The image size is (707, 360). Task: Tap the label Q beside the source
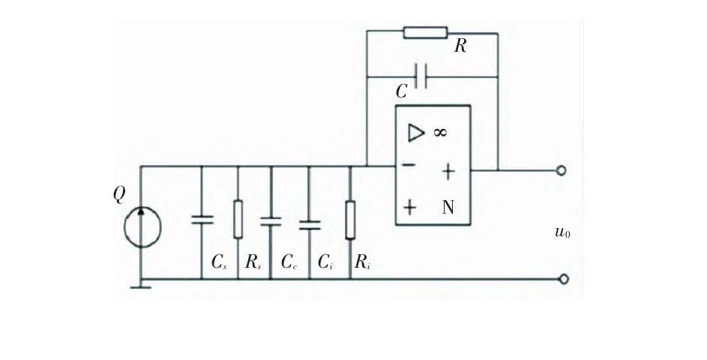coord(119,195)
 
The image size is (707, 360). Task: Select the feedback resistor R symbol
coord(425,32)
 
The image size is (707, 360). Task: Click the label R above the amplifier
coord(460,46)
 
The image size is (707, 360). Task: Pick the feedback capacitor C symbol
coord(421,76)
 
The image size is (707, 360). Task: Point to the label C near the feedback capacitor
coord(402,91)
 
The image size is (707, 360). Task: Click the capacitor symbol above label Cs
coord(202,219)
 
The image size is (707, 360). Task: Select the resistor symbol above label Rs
coord(238,219)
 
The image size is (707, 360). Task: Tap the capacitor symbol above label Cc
coord(271,220)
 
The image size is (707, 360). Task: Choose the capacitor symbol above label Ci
coord(309,223)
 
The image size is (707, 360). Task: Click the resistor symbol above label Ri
coord(350,220)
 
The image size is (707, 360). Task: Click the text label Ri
coord(361,262)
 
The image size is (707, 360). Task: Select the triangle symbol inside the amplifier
coord(415,133)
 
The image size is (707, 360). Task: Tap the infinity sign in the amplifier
coord(440,133)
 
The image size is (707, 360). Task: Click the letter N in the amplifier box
coord(448,208)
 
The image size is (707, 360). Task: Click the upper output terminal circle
coord(562,170)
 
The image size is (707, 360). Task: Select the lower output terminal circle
coord(564,279)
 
